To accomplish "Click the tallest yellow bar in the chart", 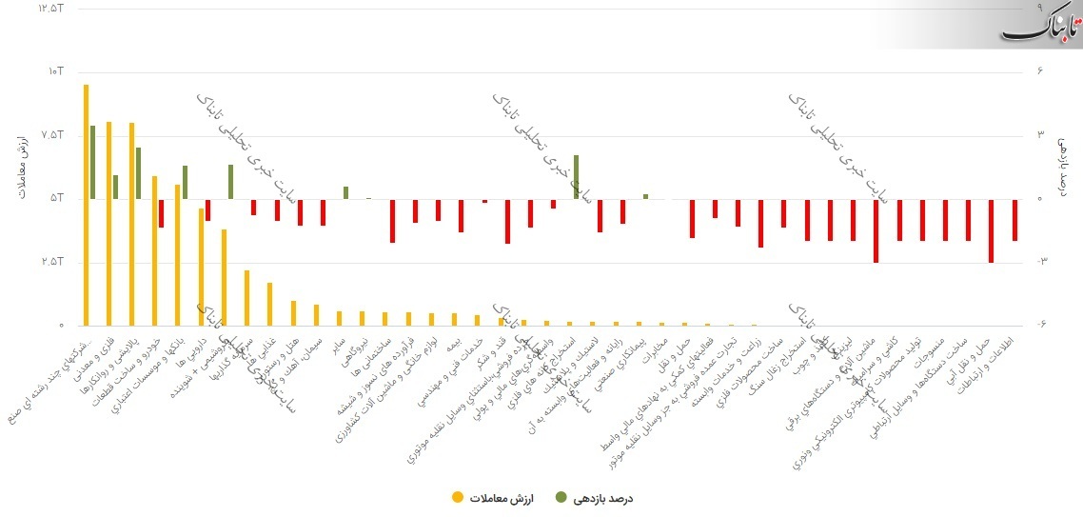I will pyautogui.click(x=86, y=205).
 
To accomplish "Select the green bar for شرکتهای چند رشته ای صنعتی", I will pyautogui.click(x=92, y=162).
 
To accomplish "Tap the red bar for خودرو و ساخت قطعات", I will pyautogui.click(x=162, y=213).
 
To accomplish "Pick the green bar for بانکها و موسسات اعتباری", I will pyautogui.click(x=185, y=182).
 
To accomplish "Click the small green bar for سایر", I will pyautogui.click(x=345, y=192).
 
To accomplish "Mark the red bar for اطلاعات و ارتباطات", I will pyautogui.click(x=1015, y=220).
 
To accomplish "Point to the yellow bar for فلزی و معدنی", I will pyautogui.click(x=109, y=224).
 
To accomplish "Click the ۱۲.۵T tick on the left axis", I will pyautogui.click(x=49, y=8).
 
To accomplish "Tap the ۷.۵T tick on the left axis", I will pyautogui.click(x=51, y=135).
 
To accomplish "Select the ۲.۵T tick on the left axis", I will pyautogui.click(x=51, y=262).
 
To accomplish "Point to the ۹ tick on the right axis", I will pyautogui.click(x=1041, y=8).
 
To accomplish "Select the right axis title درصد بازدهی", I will pyautogui.click(x=1065, y=168).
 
